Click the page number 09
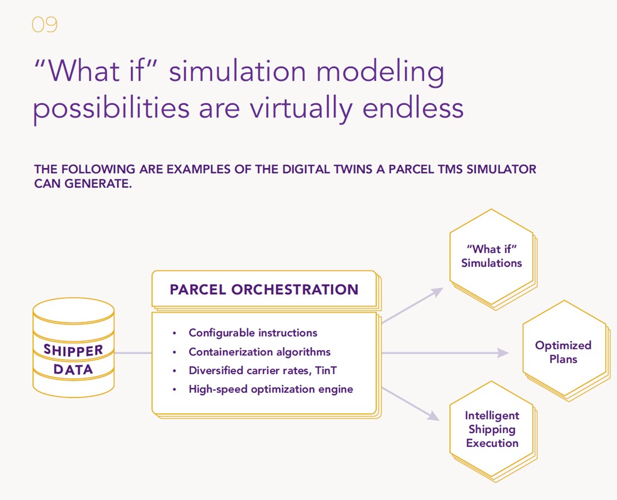pyautogui.click(x=44, y=25)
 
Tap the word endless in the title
pyautogui.click(x=413, y=108)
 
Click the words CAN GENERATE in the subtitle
pyautogui.click(x=83, y=184)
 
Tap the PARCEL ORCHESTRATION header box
pyautogui.click(x=264, y=290)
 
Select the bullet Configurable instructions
pyautogui.click(x=252, y=333)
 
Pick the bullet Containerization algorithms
pyautogui.click(x=259, y=352)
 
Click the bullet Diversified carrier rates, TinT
pyautogui.click(x=262, y=370)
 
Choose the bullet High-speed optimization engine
pyautogui.click(x=271, y=389)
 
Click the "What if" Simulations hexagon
pyautogui.click(x=492, y=257)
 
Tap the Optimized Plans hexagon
pyautogui.click(x=563, y=352)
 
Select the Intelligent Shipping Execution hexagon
pyautogui.click(x=492, y=429)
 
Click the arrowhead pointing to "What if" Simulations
pyautogui.click(x=437, y=292)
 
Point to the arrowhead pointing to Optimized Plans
pyautogui.click(x=503, y=353)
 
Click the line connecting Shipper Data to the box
pyautogui.click(x=133, y=353)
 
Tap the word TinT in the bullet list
pyautogui.click(x=326, y=370)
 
